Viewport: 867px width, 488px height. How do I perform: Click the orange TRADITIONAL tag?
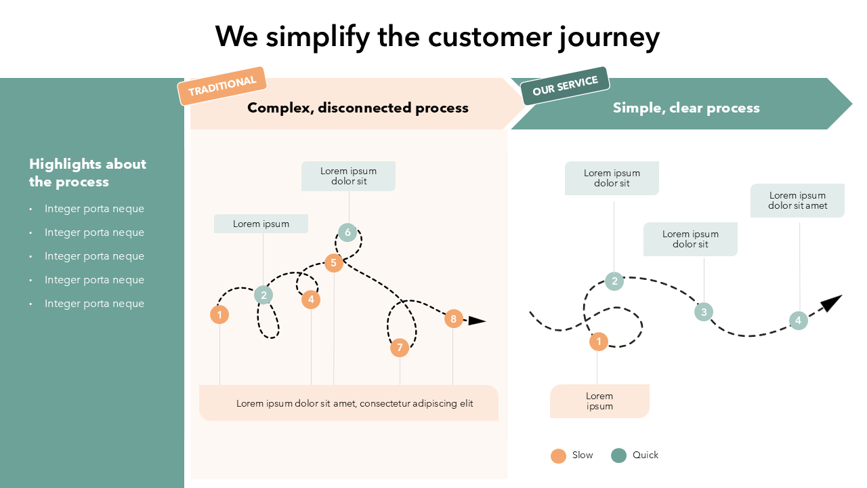pyautogui.click(x=222, y=86)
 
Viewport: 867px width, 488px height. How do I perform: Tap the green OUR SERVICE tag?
pyautogui.click(x=566, y=85)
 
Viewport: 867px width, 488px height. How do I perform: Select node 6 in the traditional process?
pyautogui.click(x=347, y=232)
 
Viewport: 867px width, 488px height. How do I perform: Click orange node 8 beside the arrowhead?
pyautogui.click(x=453, y=319)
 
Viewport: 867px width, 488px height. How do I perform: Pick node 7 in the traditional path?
pyautogui.click(x=400, y=348)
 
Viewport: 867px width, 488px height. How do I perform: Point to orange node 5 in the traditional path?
pyautogui.click(x=333, y=263)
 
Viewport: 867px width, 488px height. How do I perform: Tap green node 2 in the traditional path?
pyautogui.click(x=263, y=295)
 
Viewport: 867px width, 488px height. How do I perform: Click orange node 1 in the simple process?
pyautogui.click(x=598, y=342)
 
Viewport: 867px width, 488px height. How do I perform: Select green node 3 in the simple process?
pyautogui.click(x=704, y=312)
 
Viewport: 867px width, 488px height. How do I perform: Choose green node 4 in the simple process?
pyautogui.click(x=798, y=321)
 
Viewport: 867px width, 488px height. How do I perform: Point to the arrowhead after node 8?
pyautogui.click(x=477, y=321)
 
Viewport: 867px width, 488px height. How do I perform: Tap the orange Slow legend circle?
pyautogui.click(x=558, y=455)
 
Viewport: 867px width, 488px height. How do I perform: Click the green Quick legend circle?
pyautogui.click(x=618, y=455)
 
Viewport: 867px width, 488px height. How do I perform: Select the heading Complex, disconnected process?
pyautogui.click(x=358, y=108)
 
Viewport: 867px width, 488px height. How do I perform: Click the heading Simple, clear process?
pyautogui.click(x=686, y=108)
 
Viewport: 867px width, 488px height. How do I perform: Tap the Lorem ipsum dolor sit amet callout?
pyautogui.click(x=797, y=201)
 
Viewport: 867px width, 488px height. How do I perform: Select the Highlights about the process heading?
pyautogui.click(x=87, y=173)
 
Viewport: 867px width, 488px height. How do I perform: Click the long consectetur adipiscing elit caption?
pyautogui.click(x=354, y=403)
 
